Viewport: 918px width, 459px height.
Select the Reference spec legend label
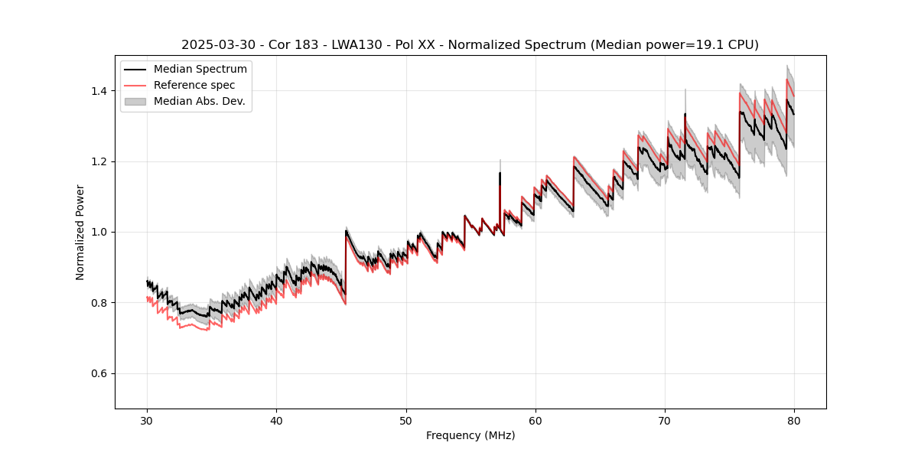tap(194, 85)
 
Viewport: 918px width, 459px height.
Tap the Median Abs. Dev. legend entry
tap(200, 101)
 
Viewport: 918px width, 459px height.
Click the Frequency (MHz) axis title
tap(470, 435)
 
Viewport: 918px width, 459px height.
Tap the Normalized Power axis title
tap(80, 232)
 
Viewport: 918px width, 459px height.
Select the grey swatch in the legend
tap(135, 101)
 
